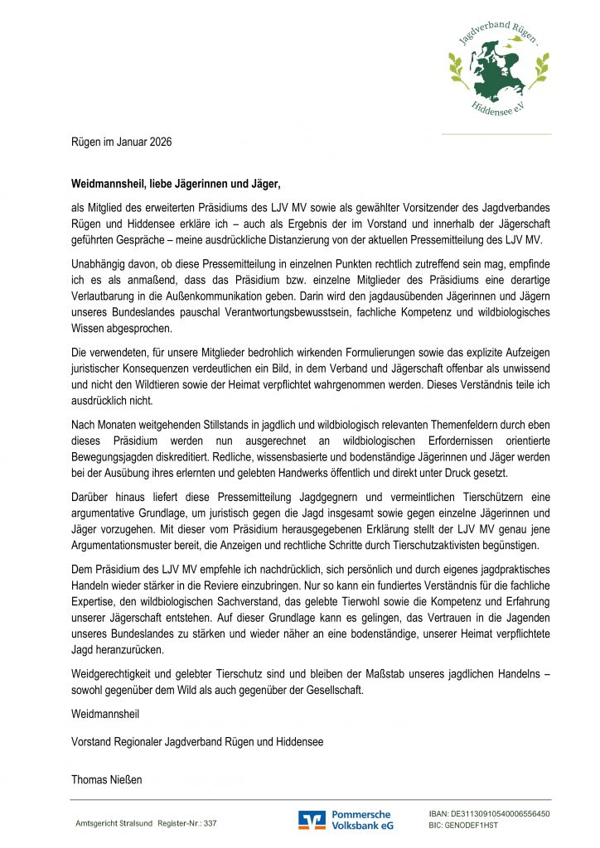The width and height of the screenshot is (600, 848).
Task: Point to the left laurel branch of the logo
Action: pyautogui.click(x=456, y=65)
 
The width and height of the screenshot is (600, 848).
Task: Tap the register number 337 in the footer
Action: pyautogui.click(x=210, y=824)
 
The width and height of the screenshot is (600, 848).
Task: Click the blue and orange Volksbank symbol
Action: pyautogui.click(x=312, y=820)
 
